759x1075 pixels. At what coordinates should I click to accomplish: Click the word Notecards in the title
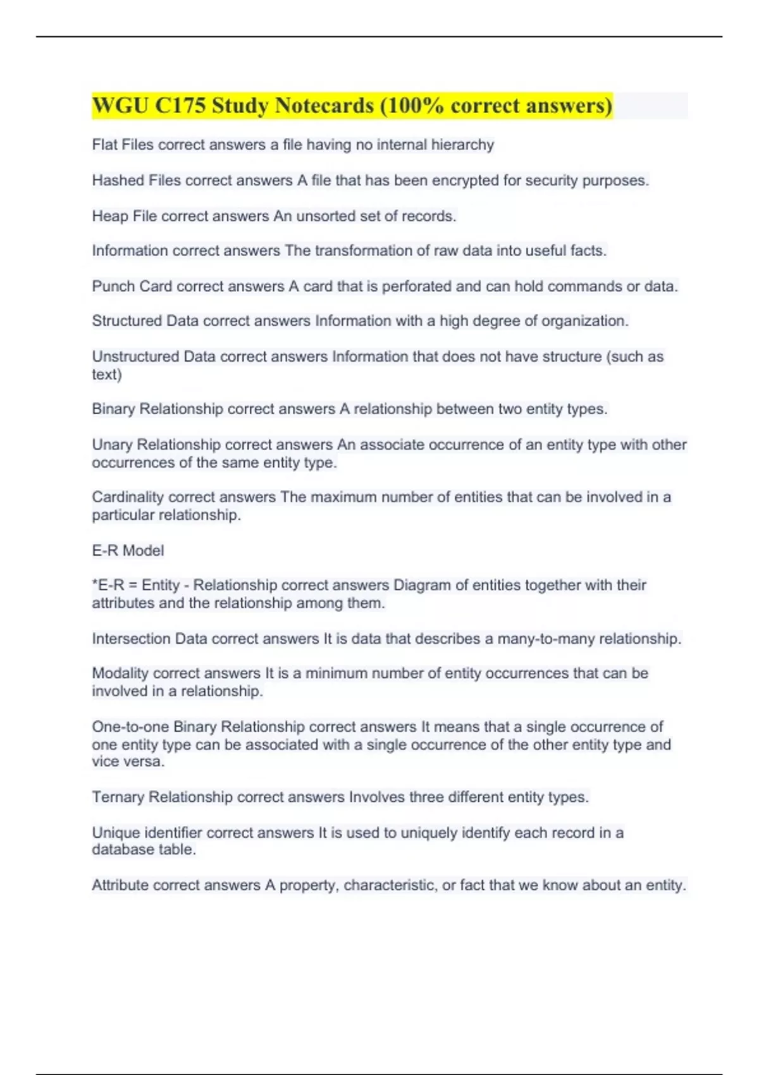point(322,106)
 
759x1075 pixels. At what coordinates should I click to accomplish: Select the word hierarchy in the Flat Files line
point(462,145)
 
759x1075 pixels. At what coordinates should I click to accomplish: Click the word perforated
point(417,286)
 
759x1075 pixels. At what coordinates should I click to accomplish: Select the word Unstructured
point(135,357)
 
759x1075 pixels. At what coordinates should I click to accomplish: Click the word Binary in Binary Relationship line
point(113,409)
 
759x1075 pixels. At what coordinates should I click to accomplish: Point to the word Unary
point(112,445)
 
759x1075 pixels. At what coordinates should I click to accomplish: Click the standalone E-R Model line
point(128,551)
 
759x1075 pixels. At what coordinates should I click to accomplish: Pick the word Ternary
point(118,797)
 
